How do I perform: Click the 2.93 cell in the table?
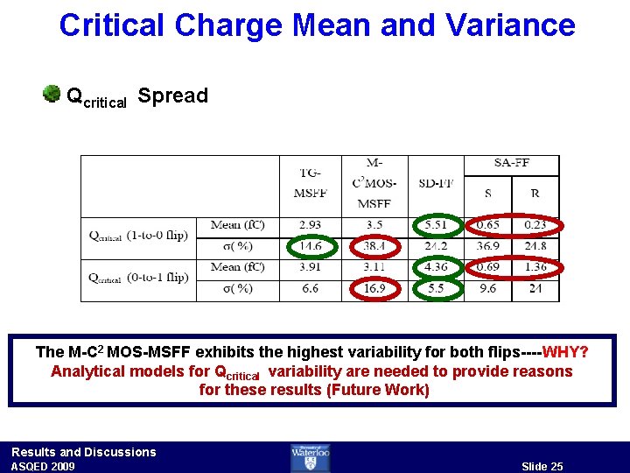pos(310,226)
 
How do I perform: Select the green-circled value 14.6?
pos(311,247)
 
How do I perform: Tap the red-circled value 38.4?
pos(374,247)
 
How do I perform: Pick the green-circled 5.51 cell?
pos(435,226)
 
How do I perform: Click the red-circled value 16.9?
pos(374,288)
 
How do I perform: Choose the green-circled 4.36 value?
pos(435,266)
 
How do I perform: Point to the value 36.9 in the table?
pos(487,247)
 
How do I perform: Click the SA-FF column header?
pos(511,164)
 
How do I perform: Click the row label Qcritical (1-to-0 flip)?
pos(139,235)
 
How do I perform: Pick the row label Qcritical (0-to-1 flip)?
pos(139,278)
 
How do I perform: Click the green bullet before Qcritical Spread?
pos(52,94)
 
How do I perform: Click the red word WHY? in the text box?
pos(565,352)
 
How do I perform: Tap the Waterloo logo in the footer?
pos(310,457)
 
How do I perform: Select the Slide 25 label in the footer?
pos(542,466)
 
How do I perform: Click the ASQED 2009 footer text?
pos(43,466)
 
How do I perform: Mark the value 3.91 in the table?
pos(310,266)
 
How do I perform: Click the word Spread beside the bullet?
pos(173,95)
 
